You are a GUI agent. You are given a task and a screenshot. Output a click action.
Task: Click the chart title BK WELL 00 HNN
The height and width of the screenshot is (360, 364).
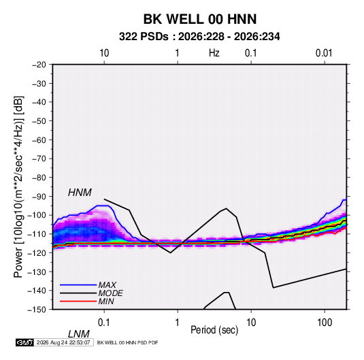200,19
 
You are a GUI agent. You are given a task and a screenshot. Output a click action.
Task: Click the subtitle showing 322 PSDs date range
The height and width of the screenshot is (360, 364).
199,37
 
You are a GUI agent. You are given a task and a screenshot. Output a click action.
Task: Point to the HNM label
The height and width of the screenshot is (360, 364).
80,193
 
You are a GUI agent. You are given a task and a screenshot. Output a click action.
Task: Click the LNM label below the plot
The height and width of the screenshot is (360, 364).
78,334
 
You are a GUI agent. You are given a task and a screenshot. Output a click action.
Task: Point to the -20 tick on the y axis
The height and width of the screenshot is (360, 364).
39,65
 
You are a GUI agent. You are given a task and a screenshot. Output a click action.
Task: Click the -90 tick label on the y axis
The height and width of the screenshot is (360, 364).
39,197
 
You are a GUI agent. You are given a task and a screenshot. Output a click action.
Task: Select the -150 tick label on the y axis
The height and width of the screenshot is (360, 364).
37,310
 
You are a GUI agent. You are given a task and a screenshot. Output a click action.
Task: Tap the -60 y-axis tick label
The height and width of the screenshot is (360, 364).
39,140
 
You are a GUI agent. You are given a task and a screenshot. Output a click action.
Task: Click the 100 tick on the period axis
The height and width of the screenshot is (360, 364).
325,323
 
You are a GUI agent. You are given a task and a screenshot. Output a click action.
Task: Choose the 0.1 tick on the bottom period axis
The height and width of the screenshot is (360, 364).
104,323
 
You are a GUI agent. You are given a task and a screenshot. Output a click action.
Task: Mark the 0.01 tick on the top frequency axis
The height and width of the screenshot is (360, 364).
324,53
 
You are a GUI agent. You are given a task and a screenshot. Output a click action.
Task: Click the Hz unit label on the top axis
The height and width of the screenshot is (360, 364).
214,53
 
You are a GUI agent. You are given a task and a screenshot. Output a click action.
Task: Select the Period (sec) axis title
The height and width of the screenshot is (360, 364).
214,330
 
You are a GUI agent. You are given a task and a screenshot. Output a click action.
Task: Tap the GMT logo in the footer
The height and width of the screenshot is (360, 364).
24,342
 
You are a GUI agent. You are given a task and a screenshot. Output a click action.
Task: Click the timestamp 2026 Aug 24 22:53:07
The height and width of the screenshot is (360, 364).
63,342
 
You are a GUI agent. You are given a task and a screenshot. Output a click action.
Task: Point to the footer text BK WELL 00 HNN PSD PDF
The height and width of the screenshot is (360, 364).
127,342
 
